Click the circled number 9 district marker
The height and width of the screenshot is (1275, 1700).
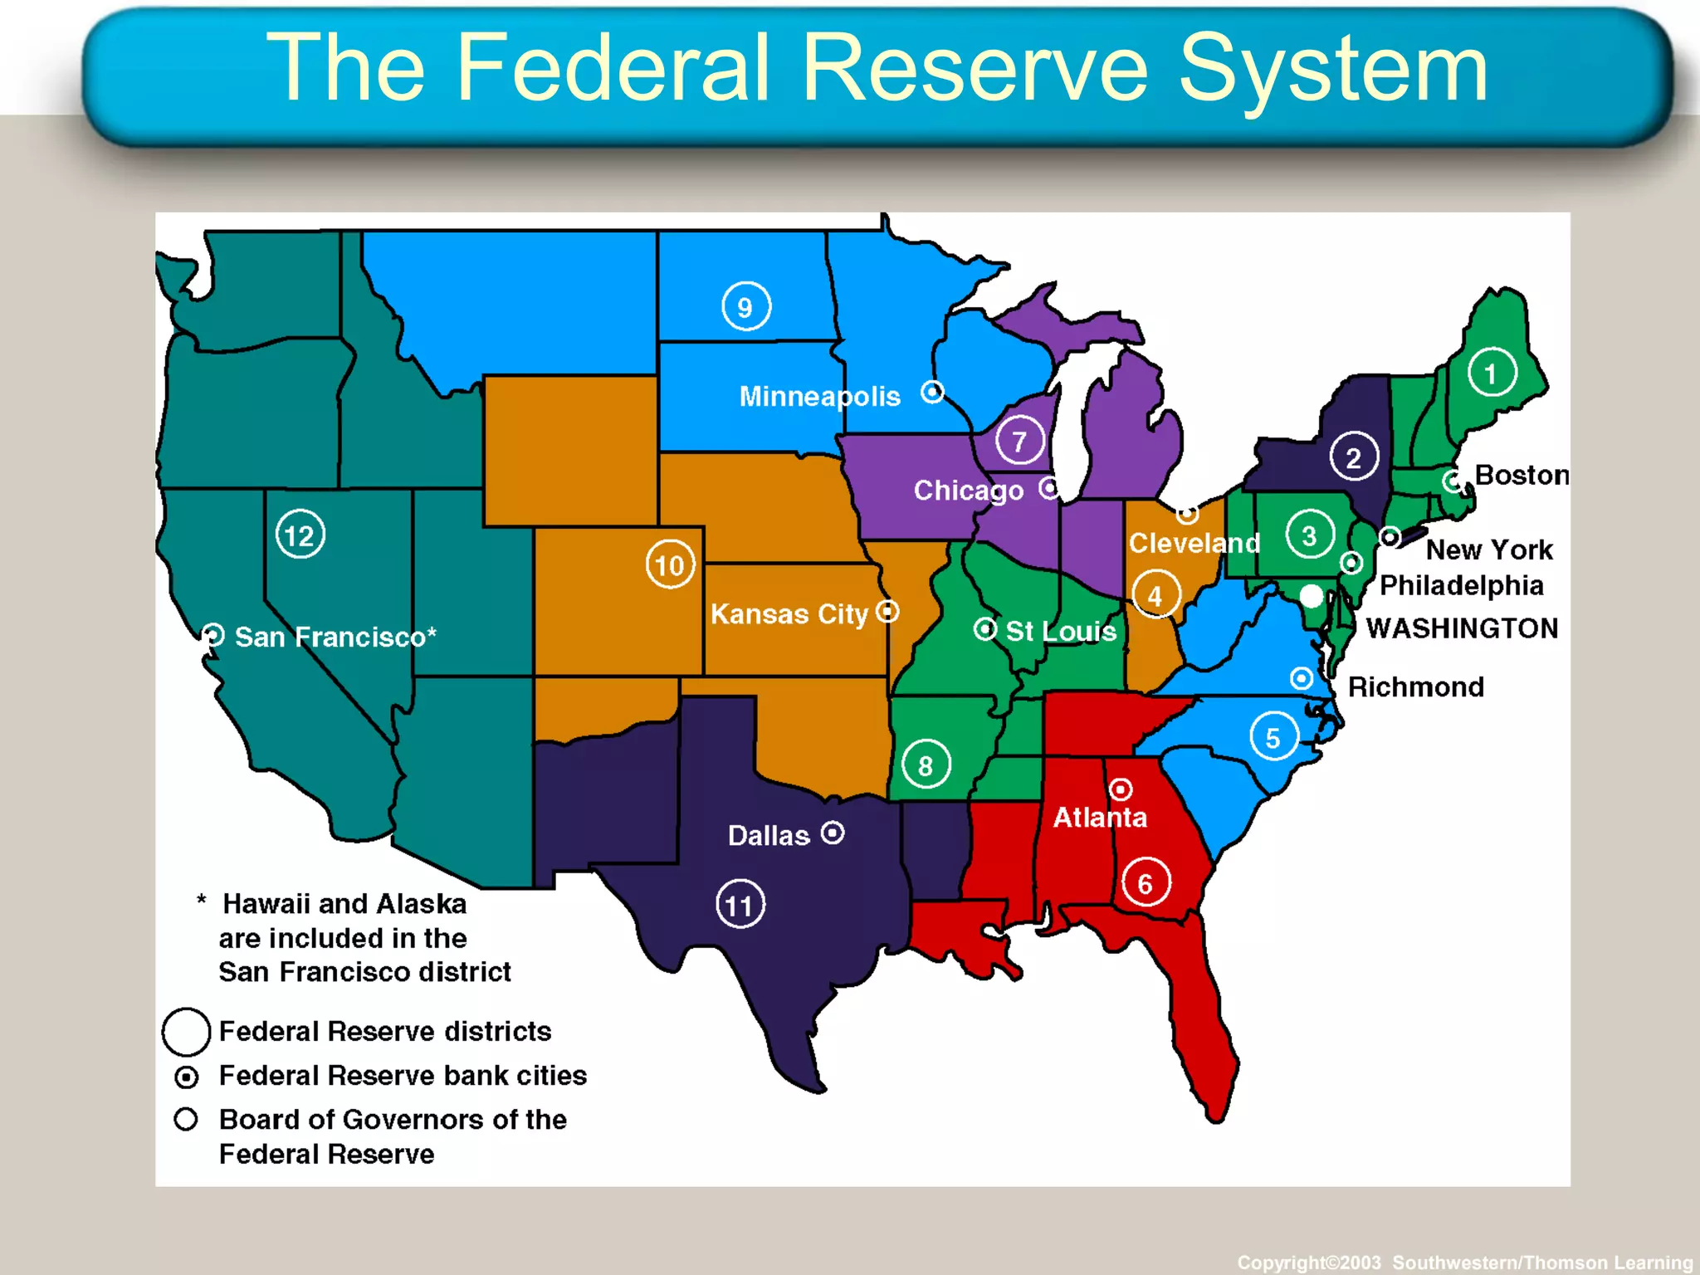(745, 306)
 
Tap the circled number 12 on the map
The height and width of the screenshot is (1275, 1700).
(300, 535)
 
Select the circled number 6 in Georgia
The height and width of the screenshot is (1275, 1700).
(1146, 882)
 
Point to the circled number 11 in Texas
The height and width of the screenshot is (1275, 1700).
(740, 904)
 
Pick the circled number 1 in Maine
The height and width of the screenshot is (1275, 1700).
(1491, 373)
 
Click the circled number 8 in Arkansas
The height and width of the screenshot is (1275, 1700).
(925, 765)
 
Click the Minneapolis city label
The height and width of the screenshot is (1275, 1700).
(819, 396)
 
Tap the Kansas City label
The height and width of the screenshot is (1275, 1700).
(789, 614)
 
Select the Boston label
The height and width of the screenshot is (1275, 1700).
(1521, 475)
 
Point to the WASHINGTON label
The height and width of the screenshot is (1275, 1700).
(1462, 628)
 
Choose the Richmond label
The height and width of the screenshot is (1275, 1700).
(1415, 686)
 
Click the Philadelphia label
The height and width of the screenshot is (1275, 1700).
(1461, 585)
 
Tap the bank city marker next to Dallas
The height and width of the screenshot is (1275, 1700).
(833, 832)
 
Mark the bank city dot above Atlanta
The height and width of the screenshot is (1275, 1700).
(1121, 788)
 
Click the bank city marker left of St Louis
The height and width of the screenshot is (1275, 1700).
(984, 629)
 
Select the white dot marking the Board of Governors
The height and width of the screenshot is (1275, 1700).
(1311, 595)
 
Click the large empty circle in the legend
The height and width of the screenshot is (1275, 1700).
(186, 1031)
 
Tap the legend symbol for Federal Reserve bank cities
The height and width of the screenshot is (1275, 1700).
(186, 1077)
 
